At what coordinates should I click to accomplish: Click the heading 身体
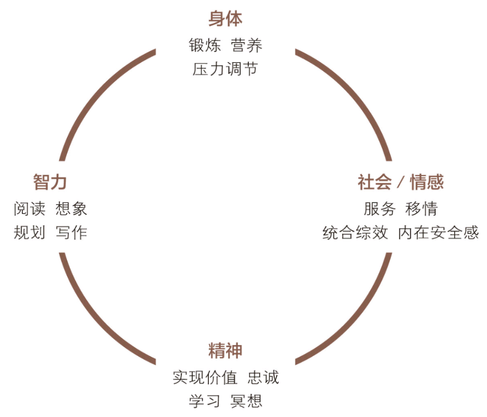click(x=225, y=19)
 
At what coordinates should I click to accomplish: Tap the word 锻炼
click(x=205, y=45)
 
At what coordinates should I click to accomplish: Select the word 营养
click(x=247, y=45)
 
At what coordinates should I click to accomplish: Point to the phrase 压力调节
click(x=225, y=69)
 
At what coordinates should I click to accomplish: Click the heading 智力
click(x=50, y=182)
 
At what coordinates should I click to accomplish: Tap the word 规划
click(x=29, y=232)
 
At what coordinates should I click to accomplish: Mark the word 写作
click(x=71, y=232)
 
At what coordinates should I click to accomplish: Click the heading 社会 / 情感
click(x=401, y=182)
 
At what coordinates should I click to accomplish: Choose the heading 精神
click(x=225, y=350)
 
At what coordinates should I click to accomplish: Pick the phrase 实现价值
click(x=205, y=377)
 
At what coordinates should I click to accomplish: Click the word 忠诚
click(x=263, y=377)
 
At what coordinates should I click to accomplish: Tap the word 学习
click(x=205, y=400)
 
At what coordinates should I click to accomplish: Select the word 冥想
click(x=247, y=400)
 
